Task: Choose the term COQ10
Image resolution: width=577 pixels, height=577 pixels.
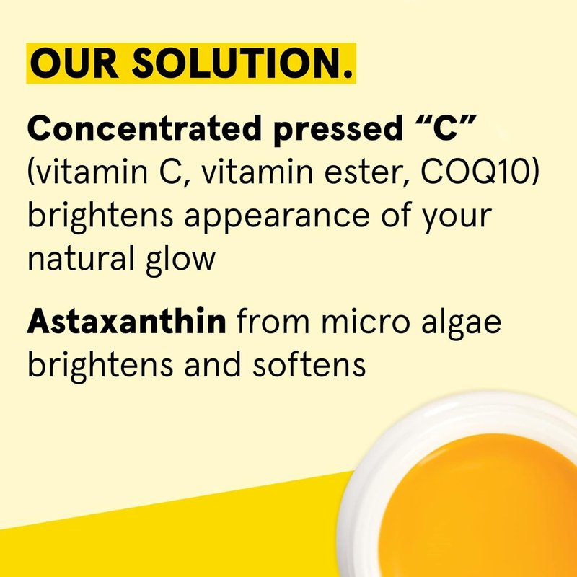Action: [x=477, y=171]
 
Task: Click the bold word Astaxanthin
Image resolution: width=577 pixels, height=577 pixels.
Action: [x=127, y=320]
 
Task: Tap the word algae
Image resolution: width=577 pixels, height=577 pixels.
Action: [x=461, y=323]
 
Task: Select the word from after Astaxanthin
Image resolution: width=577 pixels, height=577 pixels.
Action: [x=273, y=320]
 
